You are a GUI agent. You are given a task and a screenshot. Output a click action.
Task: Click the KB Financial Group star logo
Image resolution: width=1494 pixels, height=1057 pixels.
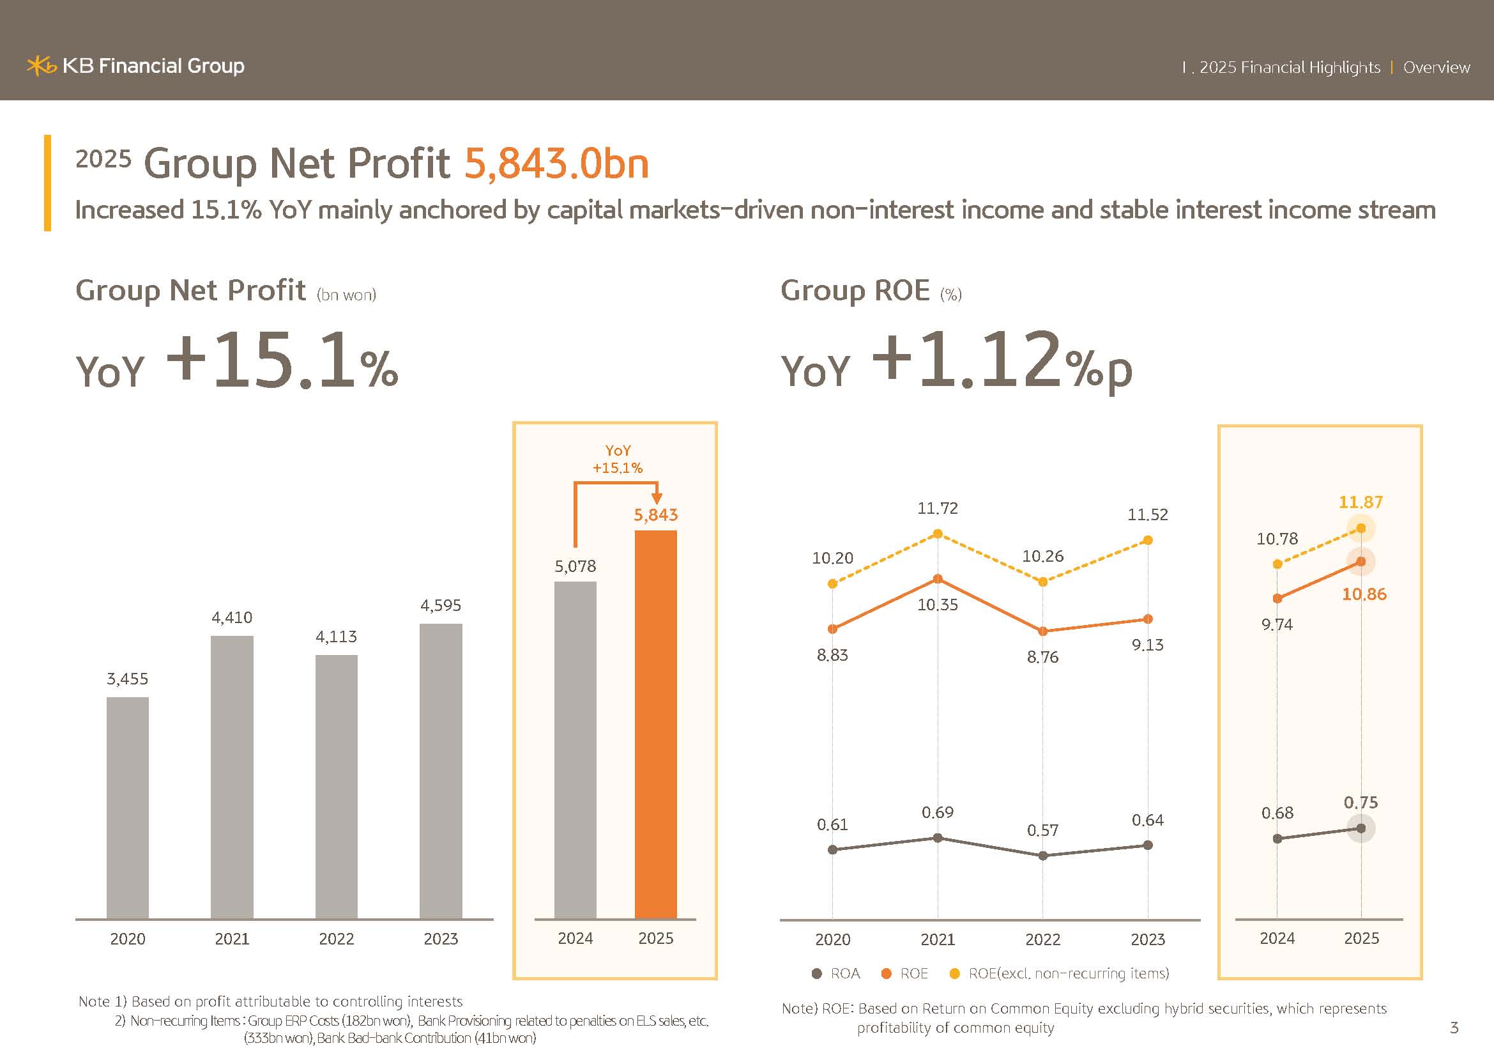[x=41, y=66]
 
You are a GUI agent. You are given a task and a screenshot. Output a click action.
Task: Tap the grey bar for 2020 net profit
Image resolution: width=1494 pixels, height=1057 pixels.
[x=128, y=807]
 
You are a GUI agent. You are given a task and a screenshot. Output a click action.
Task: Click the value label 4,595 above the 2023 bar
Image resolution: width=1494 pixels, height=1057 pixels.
[x=441, y=605]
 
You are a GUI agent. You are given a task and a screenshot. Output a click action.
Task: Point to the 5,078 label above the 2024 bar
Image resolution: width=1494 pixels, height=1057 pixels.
[x=575, y=566]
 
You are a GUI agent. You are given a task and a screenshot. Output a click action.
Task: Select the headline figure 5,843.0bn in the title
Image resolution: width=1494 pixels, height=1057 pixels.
[x=556, y=163]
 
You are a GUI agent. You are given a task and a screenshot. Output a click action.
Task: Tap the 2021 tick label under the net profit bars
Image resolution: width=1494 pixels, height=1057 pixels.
[x=232, y=939]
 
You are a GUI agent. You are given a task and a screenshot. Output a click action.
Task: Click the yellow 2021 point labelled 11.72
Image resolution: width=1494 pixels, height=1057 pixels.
[x=938, y=534]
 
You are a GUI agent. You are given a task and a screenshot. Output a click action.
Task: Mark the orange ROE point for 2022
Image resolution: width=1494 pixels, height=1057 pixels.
[x=1043, y=631]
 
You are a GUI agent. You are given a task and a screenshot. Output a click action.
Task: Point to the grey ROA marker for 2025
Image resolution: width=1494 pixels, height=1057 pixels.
[x=1361, y=829]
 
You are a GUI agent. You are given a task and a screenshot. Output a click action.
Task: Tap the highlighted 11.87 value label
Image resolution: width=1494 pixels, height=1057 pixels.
[x=1361, y=502]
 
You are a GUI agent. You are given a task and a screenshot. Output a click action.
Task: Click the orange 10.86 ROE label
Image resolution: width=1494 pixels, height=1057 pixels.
[x=1364, y=594]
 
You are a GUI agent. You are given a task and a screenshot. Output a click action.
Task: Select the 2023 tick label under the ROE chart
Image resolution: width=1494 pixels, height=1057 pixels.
[x=1148, y=939]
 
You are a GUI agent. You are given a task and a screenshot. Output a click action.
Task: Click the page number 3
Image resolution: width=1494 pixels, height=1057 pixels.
[x=1454, y=1028]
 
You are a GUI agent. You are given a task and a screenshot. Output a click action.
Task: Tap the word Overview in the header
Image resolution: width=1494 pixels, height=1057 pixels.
[x=1436, y=67]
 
